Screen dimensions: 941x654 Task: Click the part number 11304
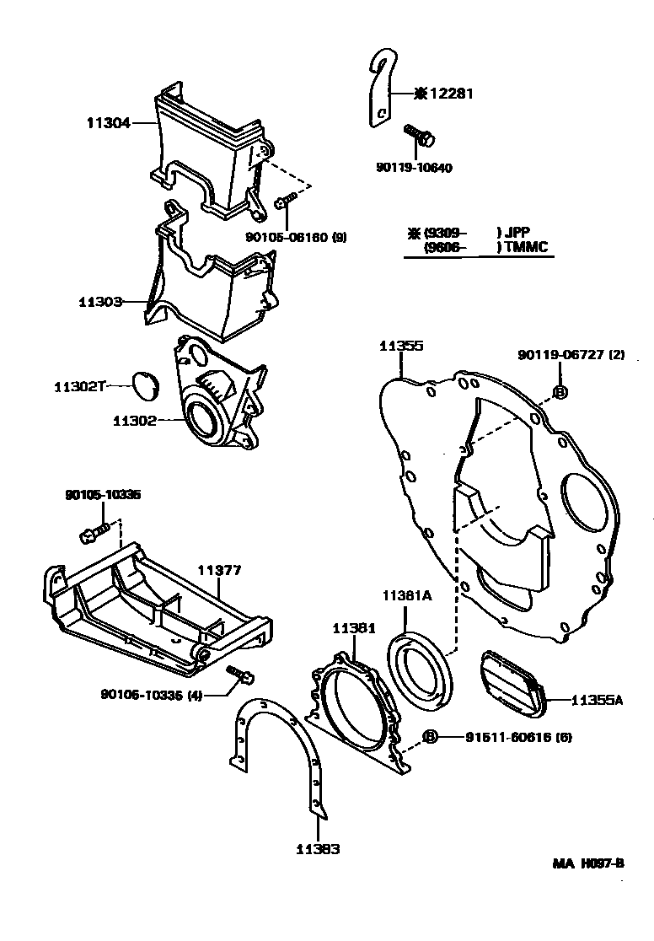[x=107, y=123]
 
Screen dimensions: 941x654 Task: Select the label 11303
[x=100, y=301]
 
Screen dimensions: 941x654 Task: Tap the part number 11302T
[x=79, y=386]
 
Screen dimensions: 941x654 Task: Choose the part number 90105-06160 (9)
[x=296, y=238]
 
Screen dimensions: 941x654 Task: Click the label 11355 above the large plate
[x=400, y=347]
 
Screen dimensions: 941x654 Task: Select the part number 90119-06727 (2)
[x=571, y=355]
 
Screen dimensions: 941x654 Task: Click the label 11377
[x=219, y=571]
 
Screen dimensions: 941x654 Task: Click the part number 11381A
[x=407, y=596]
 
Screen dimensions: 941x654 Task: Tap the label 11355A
[x=597, y=700]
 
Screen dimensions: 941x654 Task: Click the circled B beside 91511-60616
[x=430, y=737]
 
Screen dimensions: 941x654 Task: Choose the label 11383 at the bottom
[x=317, y=850]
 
